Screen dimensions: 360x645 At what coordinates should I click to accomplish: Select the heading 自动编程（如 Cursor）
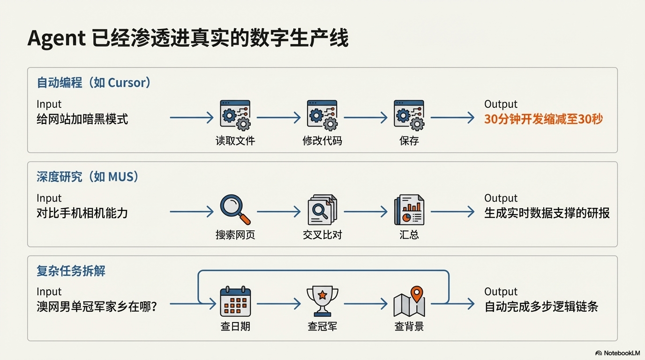point(94,83)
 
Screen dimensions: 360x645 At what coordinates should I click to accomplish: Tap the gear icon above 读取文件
point(235,115)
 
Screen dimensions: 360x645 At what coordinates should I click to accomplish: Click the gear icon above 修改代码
point(322,115)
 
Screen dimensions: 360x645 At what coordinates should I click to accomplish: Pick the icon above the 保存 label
point(409,115)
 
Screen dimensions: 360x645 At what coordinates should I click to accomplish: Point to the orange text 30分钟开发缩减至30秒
point(543,119)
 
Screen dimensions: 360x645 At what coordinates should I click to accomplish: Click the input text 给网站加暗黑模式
point(82,119)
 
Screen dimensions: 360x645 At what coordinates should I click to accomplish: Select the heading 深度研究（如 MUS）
point(88,177)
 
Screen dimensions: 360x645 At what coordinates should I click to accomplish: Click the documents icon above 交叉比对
point(322,210)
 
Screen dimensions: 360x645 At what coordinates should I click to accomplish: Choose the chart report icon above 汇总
point(409,210)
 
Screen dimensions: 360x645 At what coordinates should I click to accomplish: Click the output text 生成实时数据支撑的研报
point(547,213)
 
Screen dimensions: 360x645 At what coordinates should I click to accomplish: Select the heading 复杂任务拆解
point(71,271)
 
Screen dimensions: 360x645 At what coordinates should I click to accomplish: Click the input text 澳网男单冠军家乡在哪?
point(97,307)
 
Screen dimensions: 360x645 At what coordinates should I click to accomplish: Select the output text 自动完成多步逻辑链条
point(541,307)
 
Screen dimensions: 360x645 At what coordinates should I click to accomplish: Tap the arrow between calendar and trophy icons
point(278,304)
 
